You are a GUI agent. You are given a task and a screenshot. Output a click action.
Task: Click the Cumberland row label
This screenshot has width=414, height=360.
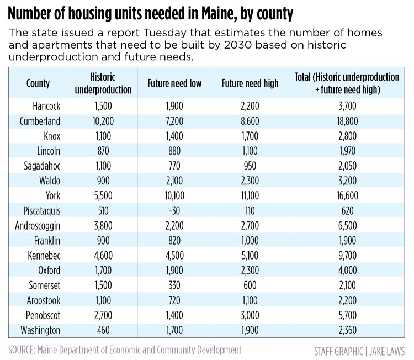click(x=38, y=120)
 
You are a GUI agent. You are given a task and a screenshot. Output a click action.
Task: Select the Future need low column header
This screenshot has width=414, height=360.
click(x=174, y=83)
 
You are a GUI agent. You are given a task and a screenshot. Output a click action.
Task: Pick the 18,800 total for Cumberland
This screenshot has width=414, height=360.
click(x=348, y=120)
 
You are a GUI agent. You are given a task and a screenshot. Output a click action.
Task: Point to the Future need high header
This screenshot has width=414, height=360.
click(x=250, y=83)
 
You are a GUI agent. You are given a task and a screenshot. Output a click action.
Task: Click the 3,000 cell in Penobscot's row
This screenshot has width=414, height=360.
click(x=250, y=316)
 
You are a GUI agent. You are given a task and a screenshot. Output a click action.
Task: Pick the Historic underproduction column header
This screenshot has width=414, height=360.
click(x=110, y=83)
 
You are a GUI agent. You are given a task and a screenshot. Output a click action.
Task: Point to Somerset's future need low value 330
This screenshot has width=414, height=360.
click(x=174, y=285)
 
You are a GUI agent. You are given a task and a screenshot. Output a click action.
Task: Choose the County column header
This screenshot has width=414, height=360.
click(x=38, y=83)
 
